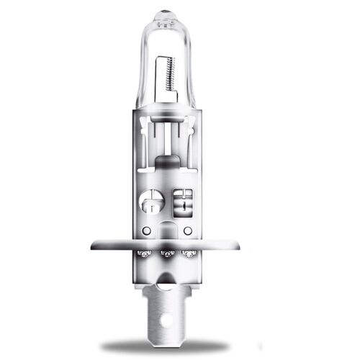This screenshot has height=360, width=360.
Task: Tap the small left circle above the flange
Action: click(x=146, y=230)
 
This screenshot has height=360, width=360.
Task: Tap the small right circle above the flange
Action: click(x=188, y=230)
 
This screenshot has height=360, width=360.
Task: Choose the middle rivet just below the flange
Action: click(x=168, y=254)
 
